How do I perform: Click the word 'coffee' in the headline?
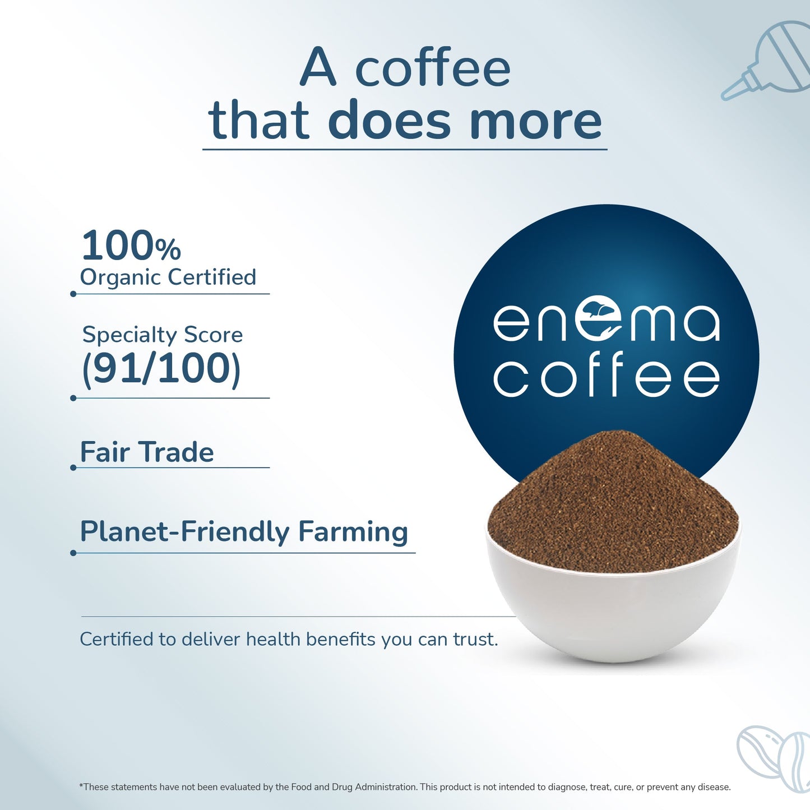pos(433,68)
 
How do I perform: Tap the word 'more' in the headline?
pos(535,121)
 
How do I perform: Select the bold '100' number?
pos(118,246)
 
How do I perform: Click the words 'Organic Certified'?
pos(168,277)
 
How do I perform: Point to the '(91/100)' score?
pos(161,369)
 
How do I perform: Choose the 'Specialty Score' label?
pos(163,335)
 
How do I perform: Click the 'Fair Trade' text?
pos(147,452)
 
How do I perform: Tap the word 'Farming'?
pos(353,532)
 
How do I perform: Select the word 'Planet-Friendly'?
pos(184,532)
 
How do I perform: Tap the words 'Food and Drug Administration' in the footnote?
pos(354,787)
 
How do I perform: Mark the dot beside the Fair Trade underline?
pos(73,468)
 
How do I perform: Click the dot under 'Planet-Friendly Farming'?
pos(73,553)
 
